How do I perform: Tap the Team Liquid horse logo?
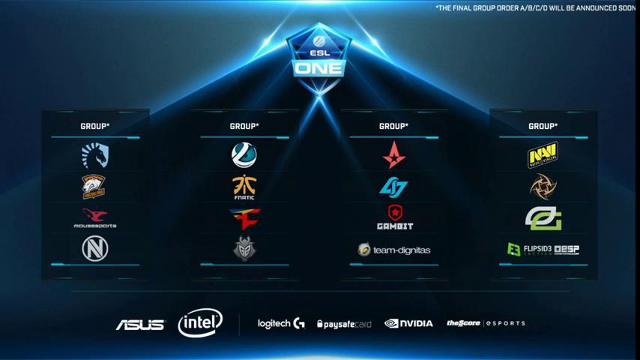coord(95,155)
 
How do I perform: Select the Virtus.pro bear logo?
coord(94,187)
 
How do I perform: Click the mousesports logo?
coord(95,218)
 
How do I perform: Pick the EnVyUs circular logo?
coord(95,249)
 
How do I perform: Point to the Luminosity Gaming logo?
coord(244,155)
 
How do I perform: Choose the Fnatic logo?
coord(244,187)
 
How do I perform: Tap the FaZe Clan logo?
coord(244,218)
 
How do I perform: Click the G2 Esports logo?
coord(244,249)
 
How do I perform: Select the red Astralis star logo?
coord(393,154)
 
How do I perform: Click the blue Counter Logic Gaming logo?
coord(393,187)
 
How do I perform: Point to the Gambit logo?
coord(394,217)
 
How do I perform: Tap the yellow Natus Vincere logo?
coord(543,155)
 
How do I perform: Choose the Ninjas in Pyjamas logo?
coord(543,186)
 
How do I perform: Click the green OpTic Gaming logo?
coord(543,218)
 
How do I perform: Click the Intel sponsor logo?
coord(200,323)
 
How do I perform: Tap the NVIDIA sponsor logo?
coord(408,323)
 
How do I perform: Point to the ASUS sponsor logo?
coord(140,324)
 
